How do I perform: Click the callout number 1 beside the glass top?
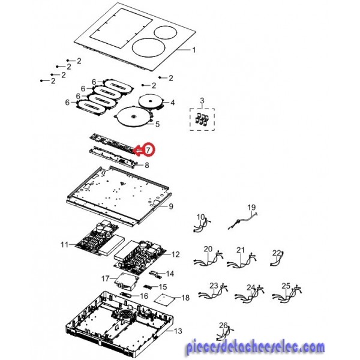[194, 50]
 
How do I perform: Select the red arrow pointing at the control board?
[139, 151]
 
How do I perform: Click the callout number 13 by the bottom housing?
[178, 331]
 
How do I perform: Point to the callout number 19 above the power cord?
[251, 208]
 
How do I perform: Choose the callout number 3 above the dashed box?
[202, 101]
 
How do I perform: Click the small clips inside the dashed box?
[202, 120]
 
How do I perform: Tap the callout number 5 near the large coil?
[157, 124]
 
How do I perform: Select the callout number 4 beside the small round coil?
[172, 103]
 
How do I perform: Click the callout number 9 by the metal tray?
[171, 206]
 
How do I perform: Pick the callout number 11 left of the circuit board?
[65, 245]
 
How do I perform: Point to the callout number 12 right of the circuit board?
[175, 254]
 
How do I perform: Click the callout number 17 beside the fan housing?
[105, 278]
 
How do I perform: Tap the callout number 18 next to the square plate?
[185, 298]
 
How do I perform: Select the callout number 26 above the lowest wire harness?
[223, 325]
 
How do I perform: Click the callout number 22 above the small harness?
[277, 253]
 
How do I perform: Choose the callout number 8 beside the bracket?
[147, 165]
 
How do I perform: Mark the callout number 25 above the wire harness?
[286, 286]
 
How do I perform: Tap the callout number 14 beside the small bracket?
[170, 274]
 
